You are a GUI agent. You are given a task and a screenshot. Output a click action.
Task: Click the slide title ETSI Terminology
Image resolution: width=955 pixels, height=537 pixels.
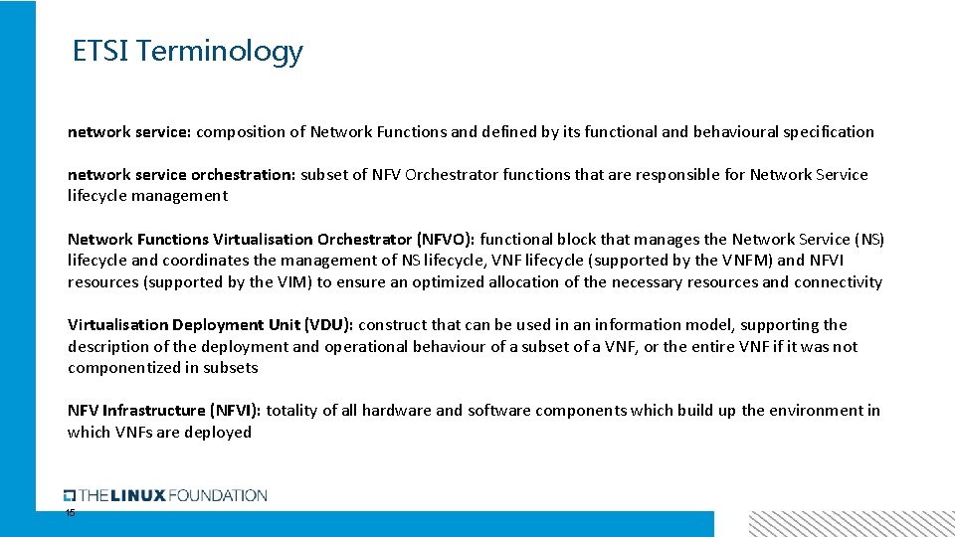coord(188,51)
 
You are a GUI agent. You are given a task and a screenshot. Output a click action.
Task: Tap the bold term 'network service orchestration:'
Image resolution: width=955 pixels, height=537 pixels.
coord(181,175)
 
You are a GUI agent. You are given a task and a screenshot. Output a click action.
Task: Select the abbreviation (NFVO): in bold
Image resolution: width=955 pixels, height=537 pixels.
coord(447,240)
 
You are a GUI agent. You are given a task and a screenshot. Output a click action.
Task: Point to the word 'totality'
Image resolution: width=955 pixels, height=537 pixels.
coord(292,411)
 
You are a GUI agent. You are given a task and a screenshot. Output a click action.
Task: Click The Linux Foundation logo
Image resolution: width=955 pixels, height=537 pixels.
coord(165,495)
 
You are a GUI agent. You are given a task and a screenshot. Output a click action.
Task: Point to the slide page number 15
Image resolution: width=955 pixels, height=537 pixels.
coord(70,513)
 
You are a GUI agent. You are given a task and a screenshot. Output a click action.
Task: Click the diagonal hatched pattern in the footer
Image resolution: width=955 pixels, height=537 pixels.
coord(851,524)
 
